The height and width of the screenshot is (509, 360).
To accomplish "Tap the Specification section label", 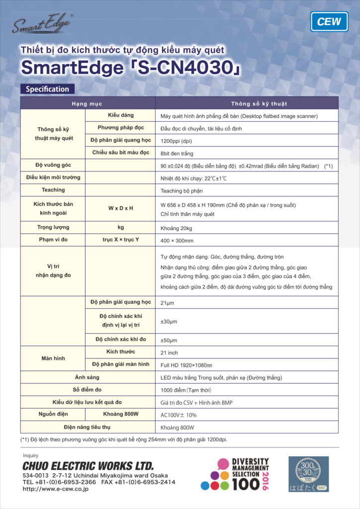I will (x=47, y=89).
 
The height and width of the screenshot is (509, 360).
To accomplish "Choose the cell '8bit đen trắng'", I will (x=177, y=154).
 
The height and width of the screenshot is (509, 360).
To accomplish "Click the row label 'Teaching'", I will (x=53, y=190).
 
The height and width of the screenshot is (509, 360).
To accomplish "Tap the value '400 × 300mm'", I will (x=177, y=240).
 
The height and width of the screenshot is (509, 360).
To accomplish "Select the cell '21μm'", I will (x=169, y=302).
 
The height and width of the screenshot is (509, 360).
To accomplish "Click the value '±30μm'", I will (x=169, y=322).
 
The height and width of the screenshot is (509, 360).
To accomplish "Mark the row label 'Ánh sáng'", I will (x=87, y=377).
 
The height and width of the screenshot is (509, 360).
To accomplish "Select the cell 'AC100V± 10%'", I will (x=179, y=415).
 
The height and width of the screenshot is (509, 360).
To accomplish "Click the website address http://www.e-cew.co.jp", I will (x=55, y=490).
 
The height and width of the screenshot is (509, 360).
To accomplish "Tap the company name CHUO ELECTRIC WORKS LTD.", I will (x=88, y=466).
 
